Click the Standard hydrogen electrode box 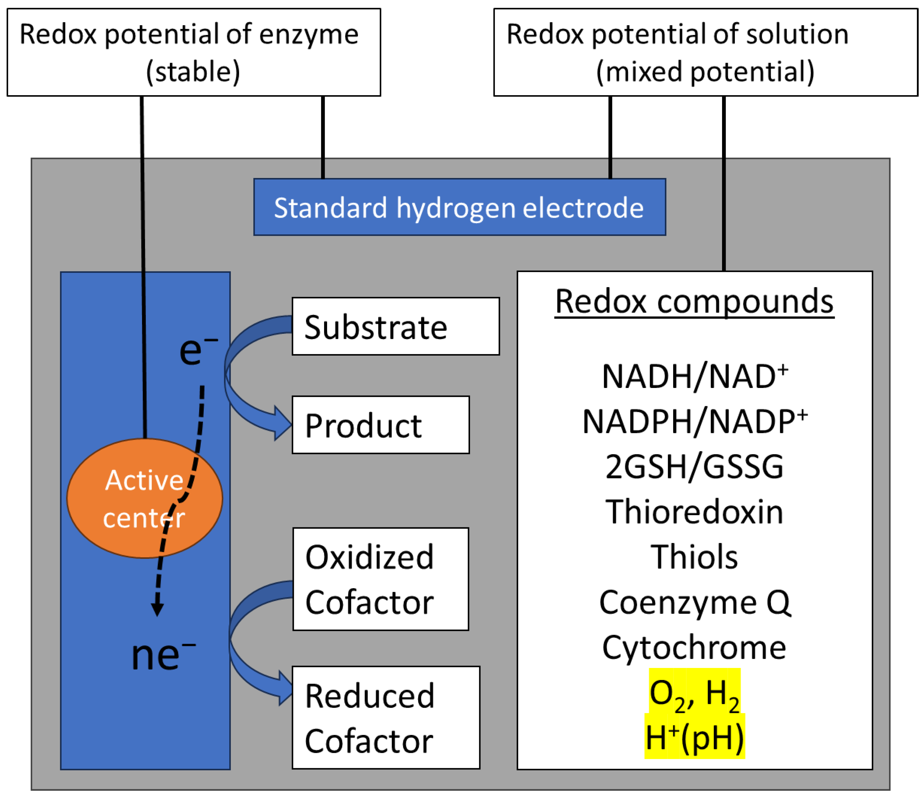click(459, 207)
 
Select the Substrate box click(396, 327)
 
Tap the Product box click(380, 425)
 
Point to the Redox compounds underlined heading click(694, 302)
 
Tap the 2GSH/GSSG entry click(694, 467)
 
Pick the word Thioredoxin click(694, 512)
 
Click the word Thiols click(694, 557)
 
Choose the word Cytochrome click(694, 647)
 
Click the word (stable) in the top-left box click(193, 71)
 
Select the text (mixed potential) click(705, 71)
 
